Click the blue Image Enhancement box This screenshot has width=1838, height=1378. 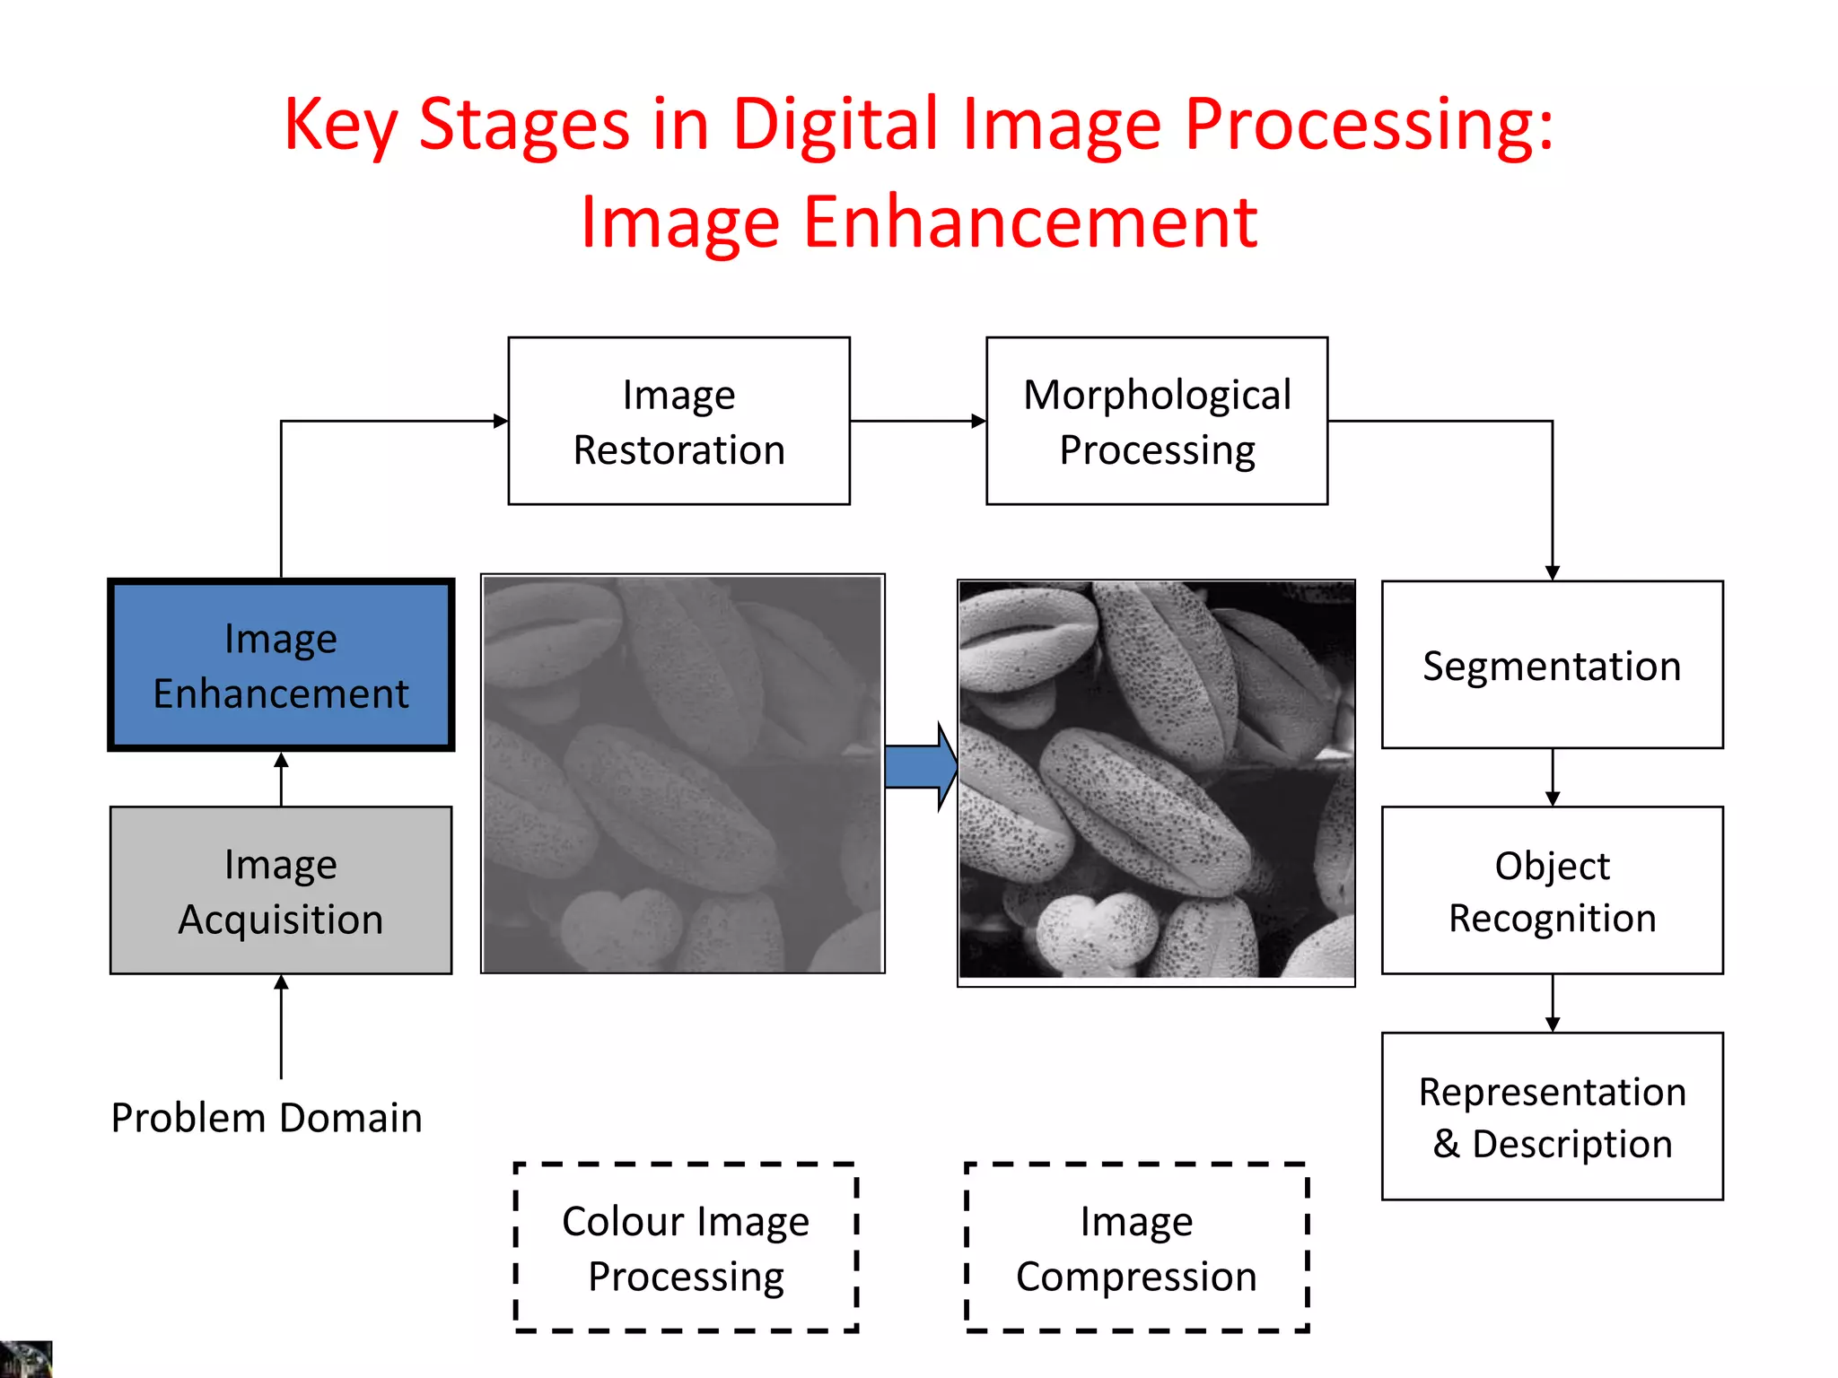[281, 665]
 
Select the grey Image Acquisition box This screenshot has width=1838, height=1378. [281, 890]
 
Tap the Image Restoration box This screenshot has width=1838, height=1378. [678, 421]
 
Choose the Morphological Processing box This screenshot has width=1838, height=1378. [1157, 421]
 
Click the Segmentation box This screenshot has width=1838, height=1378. [1552, 665]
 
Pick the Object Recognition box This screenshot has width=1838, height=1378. [1552, 890]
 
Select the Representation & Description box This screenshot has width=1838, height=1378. [1552, 1116]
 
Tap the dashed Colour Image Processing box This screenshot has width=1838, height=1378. [686, 1247]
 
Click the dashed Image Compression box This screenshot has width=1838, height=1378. [1136, 1247]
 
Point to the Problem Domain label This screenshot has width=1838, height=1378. [267, 1118]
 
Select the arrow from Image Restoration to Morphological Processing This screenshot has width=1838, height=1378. [917, 421]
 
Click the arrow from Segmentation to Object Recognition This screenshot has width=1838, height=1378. [1553, 778]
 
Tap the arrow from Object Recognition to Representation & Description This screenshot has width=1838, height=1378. [1553, 1003]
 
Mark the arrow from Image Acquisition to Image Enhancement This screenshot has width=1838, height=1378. [281, 779]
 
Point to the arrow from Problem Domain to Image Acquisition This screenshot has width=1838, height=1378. [281, 1026]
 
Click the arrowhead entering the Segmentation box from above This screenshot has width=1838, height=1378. [1553, 572]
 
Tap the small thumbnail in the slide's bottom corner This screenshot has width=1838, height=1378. [25, 1359]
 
